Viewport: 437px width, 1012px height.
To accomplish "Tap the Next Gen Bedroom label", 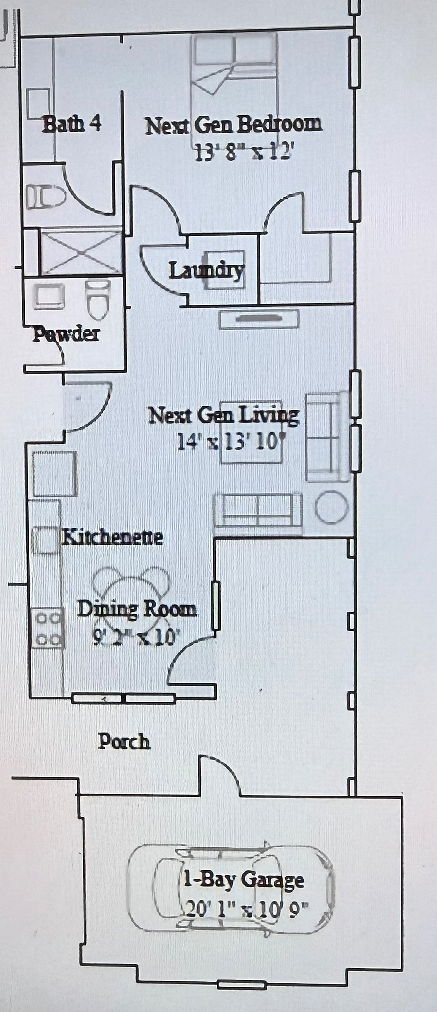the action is point(234,125).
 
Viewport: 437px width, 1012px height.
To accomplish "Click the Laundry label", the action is point(206,270).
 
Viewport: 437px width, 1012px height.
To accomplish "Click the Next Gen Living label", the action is point(223,415).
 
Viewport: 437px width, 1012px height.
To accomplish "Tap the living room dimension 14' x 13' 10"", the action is point(231,442).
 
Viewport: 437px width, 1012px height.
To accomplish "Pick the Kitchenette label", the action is point(113,537).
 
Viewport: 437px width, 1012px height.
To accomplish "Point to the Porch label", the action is point(124,741).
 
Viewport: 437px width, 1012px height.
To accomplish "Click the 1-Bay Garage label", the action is point(243,879).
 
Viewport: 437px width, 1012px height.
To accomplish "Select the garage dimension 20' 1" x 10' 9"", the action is point(247,907).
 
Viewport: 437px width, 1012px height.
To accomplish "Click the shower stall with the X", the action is point(81,252).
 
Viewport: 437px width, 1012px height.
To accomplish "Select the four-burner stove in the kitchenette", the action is point(48,628).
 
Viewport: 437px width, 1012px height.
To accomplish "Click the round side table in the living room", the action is point(332,507).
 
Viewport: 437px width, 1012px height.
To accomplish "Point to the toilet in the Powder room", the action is point(98,299).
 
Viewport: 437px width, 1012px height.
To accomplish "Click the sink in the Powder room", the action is point(49,296).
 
